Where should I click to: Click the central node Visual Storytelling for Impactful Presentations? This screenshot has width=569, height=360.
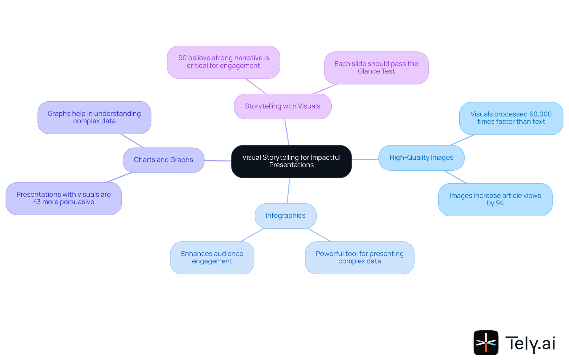pyautogui.click(x=291, y=161)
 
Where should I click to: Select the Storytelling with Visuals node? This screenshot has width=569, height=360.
pyautogui.click(x=282, y=106)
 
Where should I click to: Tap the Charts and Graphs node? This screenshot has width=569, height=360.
pyautogui.click(x=163, y=160)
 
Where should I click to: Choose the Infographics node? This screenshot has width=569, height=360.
pyautogui.click(x=285, y=216)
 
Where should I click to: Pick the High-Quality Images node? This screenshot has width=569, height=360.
pyautogui.click(x=421, y=158)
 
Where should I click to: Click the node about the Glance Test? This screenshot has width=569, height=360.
pyautogui.click(x=376, y=68)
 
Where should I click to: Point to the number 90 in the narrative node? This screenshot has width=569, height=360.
pyautogui.click(x=182, y=58)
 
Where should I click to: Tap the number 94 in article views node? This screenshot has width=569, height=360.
pyautogui.click(x=500, y=203)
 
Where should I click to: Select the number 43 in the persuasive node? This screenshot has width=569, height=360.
pyautogui.click(x=37, y=202)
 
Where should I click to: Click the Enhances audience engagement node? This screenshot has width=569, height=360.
pyautogui.click(x=212, y=257)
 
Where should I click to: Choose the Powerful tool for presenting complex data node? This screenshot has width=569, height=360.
pyautogui.click(x=359, y=257)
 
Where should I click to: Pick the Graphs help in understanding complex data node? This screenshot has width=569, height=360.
pyautogui.click(x=94, y=117)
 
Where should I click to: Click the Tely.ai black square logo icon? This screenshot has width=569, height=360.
pyautogui.click(x=486, y=343)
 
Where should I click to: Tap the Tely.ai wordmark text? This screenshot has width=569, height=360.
pyautogui.click(x=530, y=343)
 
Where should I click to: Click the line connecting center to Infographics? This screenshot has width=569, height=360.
pyautogui.click(x=288, y=191)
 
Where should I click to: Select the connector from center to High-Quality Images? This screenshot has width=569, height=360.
pyautogui.click(x=365, y=159)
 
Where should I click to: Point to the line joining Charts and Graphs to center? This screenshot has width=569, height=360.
pyautogui.click(x=218, y=161)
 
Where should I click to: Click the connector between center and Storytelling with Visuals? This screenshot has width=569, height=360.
pyautogui.click(x=287, y=132)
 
